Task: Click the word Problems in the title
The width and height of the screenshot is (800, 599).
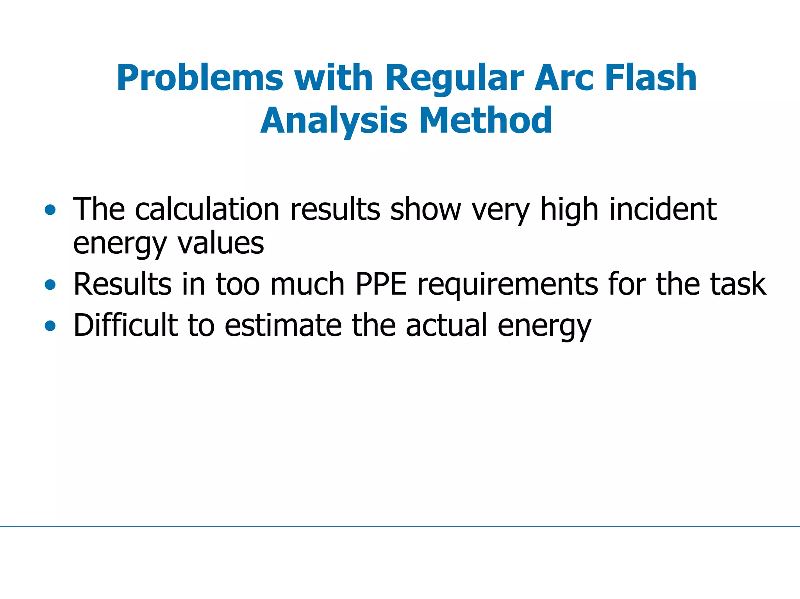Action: (200, 78)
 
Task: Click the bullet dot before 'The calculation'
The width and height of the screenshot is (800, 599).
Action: (50, 210)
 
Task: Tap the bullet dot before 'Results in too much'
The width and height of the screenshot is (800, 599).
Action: (50, 285)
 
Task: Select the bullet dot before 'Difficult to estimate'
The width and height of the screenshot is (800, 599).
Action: (50, 325)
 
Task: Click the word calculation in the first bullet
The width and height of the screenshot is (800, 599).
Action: (207, 209)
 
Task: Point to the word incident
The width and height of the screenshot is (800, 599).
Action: (663, 209)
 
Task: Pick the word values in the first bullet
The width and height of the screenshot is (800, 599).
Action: (221, 243)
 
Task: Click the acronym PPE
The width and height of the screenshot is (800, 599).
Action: (381, 284)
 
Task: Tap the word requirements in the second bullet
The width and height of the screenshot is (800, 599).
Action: (508, 284)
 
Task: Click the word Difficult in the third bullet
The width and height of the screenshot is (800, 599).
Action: (125, 325)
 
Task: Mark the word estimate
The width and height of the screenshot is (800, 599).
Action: (283, 325)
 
